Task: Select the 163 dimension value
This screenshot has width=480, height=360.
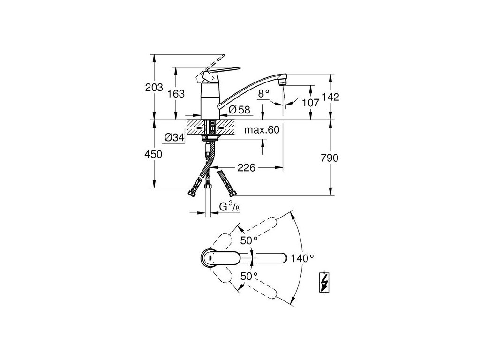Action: click(176, 94)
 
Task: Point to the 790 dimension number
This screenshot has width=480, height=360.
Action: click(330, 158)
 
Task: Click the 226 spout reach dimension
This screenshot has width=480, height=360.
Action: click(246, 167)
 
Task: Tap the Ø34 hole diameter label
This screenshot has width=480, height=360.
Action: click(174, 138)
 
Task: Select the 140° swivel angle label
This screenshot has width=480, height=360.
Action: click(302, 258)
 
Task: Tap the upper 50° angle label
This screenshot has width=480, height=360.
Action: click(249, 240)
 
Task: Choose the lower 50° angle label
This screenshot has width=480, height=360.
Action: click(249, 276)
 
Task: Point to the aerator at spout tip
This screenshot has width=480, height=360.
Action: click(282, 81)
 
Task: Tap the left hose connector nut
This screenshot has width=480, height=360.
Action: click(192, 192)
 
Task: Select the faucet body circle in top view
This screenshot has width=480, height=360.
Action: click(210, 257)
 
